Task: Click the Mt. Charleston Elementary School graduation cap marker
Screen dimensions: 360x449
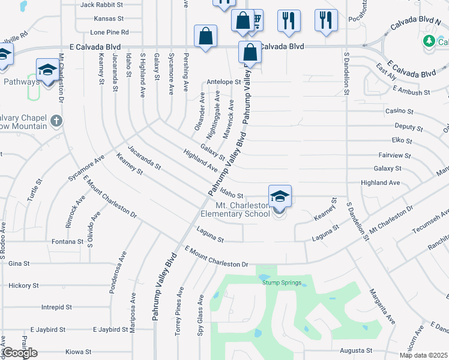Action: pyautogui.click(x=280, y=197)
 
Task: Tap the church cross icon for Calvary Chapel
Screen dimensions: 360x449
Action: pyautogui.click(x=56, y=121)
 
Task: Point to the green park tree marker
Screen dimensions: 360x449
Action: pyautogui.click(x=429, y=41)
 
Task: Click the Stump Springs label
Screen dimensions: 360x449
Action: pyautogui.click(x=282, y=281)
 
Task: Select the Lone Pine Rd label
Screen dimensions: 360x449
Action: pyautogui.click(x=109, y=32)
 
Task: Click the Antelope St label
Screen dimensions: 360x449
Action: pyautogui.click(x=223, y=82)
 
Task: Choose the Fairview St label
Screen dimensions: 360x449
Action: pyautogui.click(x=395, y=155)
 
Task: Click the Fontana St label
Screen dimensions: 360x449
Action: pyautogui.click(x=67, y=241)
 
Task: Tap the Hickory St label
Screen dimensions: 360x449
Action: pyautogui.click(x=24, y=286)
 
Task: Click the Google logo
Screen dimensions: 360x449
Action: pyautogui.click(x=20, y=353)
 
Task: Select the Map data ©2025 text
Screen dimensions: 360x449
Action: pyautogui.click(x=423, y=355)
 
